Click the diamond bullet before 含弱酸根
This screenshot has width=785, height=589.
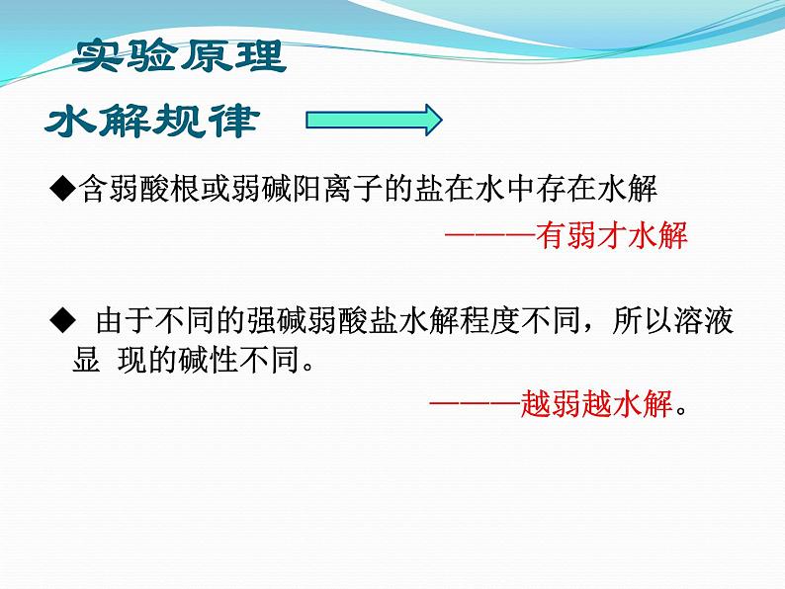pos(61,188)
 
